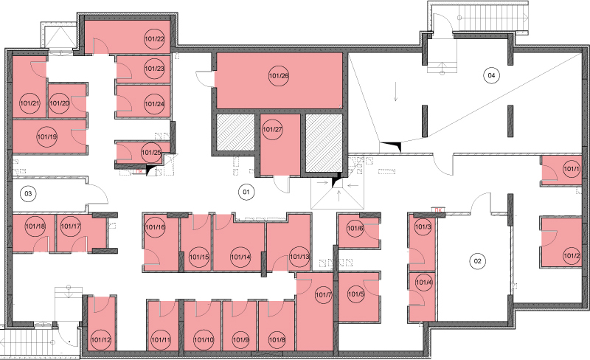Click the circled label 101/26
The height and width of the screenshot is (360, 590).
coord(279,76)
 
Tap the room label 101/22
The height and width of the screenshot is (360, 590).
coord(155,39)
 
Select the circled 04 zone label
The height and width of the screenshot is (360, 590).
coord(491,75)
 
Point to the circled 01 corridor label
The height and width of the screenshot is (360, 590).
coord(246,192)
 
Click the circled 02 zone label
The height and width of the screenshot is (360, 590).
coord(477,261)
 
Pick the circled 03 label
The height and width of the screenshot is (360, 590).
coord(28,194)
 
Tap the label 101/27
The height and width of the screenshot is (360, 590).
coord(272,130)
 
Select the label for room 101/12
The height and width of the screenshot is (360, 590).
coord(101,340)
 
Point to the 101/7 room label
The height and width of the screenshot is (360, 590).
coord(324,294)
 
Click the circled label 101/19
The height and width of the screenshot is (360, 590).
coord(47,136)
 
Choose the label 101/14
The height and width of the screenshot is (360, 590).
coord(240,257)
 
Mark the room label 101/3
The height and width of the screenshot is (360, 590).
coord(423,227)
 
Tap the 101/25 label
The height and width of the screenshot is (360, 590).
coord(151,153)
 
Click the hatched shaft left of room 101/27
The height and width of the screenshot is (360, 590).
coord(235,133)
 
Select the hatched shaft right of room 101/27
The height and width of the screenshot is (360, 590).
coord(324,142)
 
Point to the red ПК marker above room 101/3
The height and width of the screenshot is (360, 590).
coord(437,210)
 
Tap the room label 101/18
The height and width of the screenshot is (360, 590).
coord(35,226)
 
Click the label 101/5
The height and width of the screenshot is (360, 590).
coord(356,294)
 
